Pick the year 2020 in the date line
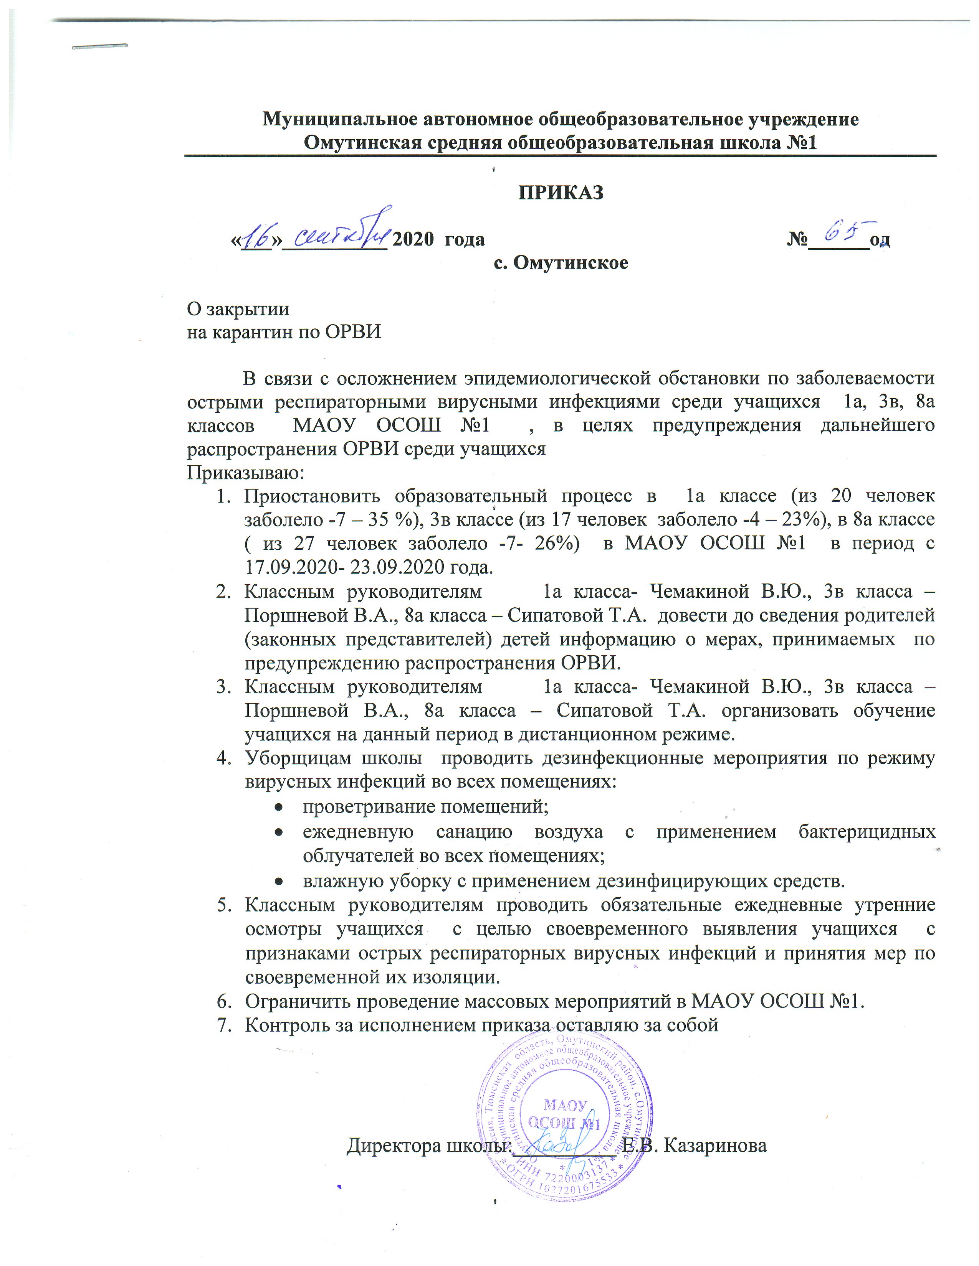coord(413,239)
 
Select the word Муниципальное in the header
coord(341,119)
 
